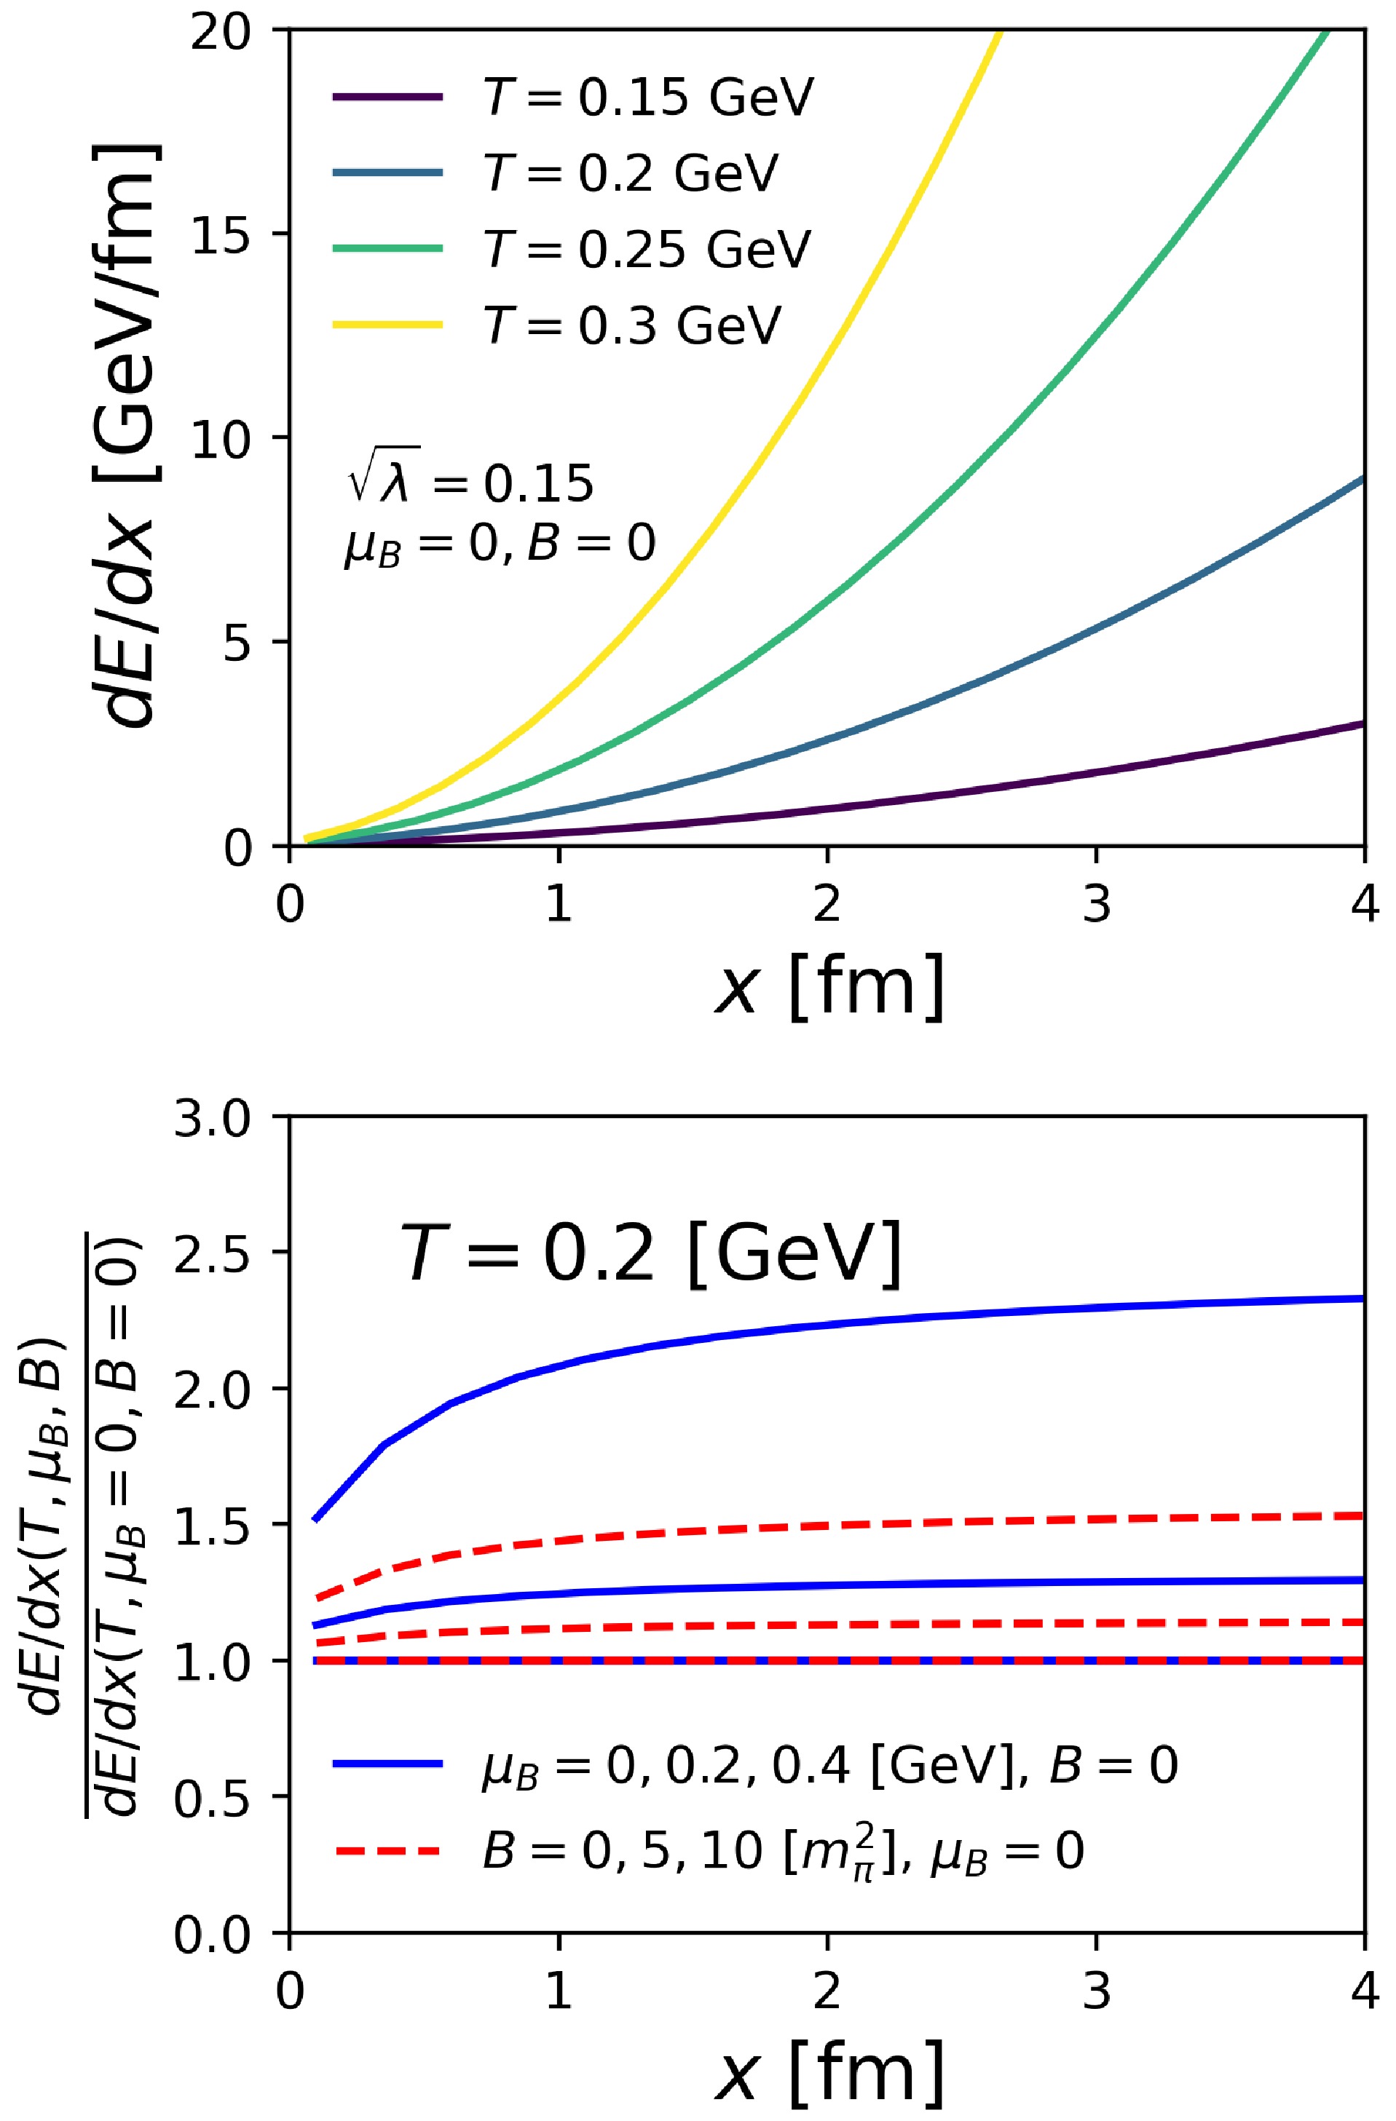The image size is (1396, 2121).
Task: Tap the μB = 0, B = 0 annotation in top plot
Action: pos(500,544)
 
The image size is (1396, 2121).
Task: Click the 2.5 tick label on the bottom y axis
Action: pos(213,1253)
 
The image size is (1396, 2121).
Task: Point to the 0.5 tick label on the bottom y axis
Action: pos(213,1796)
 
